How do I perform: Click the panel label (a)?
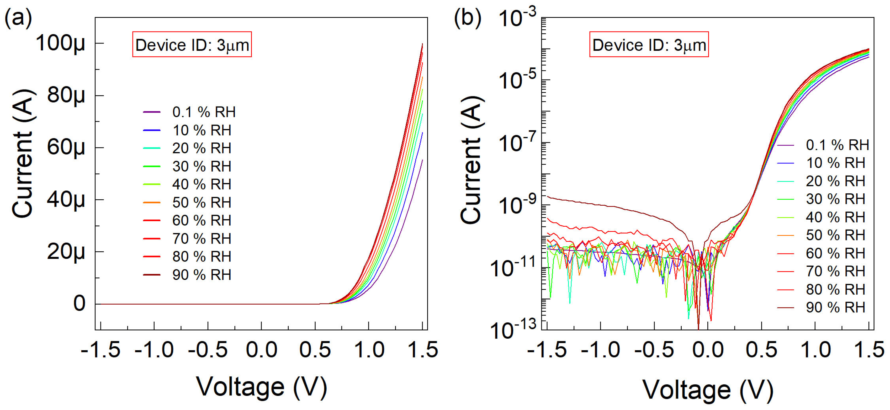point(18,18)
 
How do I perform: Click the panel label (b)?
point(467,18)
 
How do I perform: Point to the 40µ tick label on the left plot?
point(66,200)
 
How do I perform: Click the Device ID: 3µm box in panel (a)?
point(192,45)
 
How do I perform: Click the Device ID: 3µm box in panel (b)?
point(649,45)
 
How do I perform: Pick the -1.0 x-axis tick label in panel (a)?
point(154,350)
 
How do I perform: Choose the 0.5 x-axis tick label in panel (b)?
point(761,350)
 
